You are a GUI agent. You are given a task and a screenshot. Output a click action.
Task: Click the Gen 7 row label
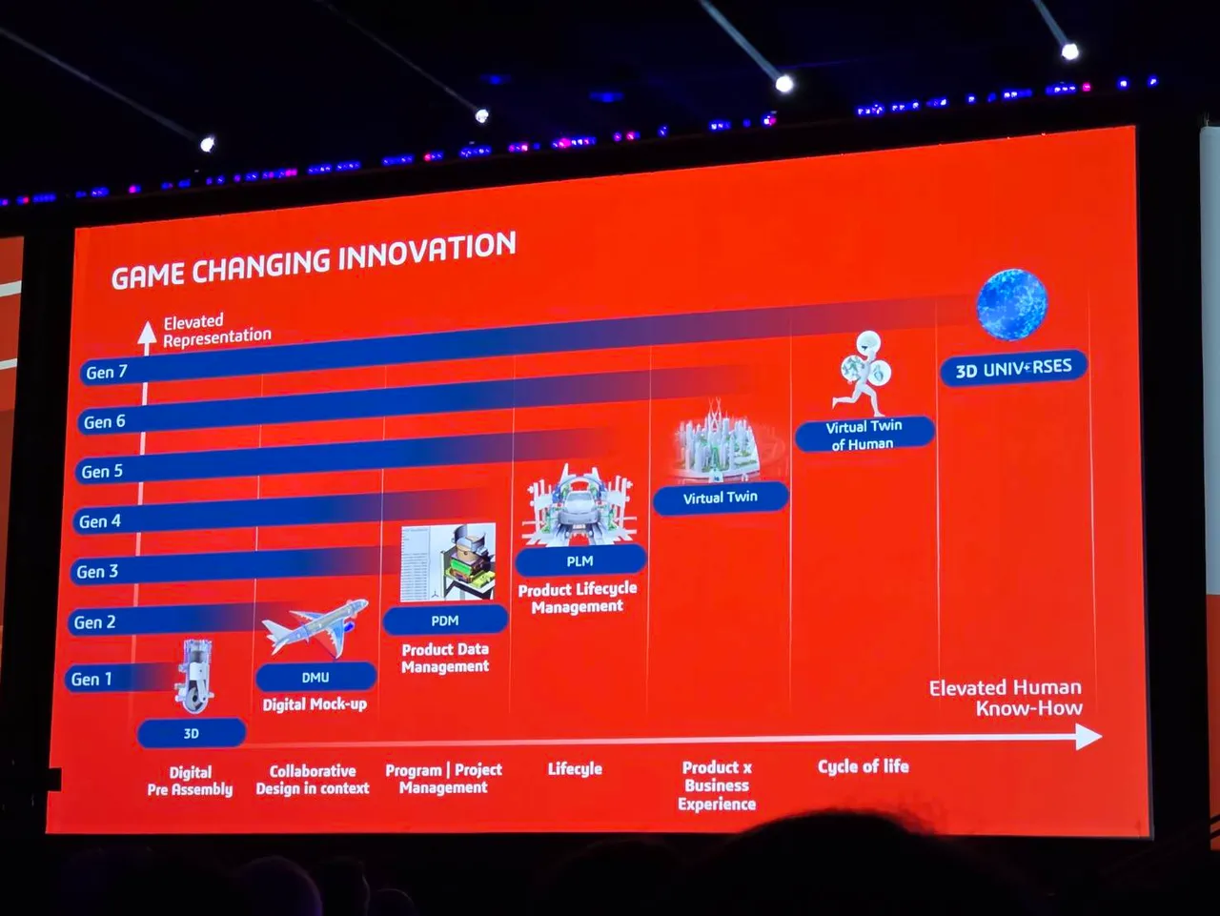(x=107, y=372)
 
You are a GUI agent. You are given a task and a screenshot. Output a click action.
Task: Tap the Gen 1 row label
(x=91, y=679)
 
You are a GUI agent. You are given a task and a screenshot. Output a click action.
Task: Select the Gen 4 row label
(x=100, y=521)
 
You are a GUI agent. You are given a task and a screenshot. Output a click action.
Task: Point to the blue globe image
(x=1012, y=305)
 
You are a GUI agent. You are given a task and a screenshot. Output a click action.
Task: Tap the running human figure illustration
(x=864, y=374)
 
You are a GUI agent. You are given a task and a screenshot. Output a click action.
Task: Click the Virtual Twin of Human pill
(x=864, y=434)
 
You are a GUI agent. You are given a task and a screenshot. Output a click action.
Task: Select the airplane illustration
(x=315, y=628)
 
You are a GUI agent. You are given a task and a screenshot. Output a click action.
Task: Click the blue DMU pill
(x=315, y=677)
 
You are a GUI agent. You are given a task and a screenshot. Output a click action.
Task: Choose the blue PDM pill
(x=445, y=621)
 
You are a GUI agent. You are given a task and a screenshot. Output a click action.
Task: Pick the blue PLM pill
(x=580, y=560)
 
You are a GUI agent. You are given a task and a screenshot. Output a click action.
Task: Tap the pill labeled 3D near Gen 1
(x=192, y=733)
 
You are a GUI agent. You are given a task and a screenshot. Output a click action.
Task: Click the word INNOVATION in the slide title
(x=427, y=253)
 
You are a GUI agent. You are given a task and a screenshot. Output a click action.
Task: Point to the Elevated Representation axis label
(x=216, y=330)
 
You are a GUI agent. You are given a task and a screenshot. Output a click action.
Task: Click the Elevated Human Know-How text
(x=1006, y=698)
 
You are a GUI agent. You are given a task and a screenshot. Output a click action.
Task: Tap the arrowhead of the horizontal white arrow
(x=1088, y=737)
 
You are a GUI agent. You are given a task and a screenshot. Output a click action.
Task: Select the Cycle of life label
(x=864, y=766)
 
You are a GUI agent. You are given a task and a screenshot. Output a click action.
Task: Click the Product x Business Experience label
(x=717, y=785)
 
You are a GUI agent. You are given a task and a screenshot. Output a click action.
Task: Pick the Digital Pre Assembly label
(x=190, y=781)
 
